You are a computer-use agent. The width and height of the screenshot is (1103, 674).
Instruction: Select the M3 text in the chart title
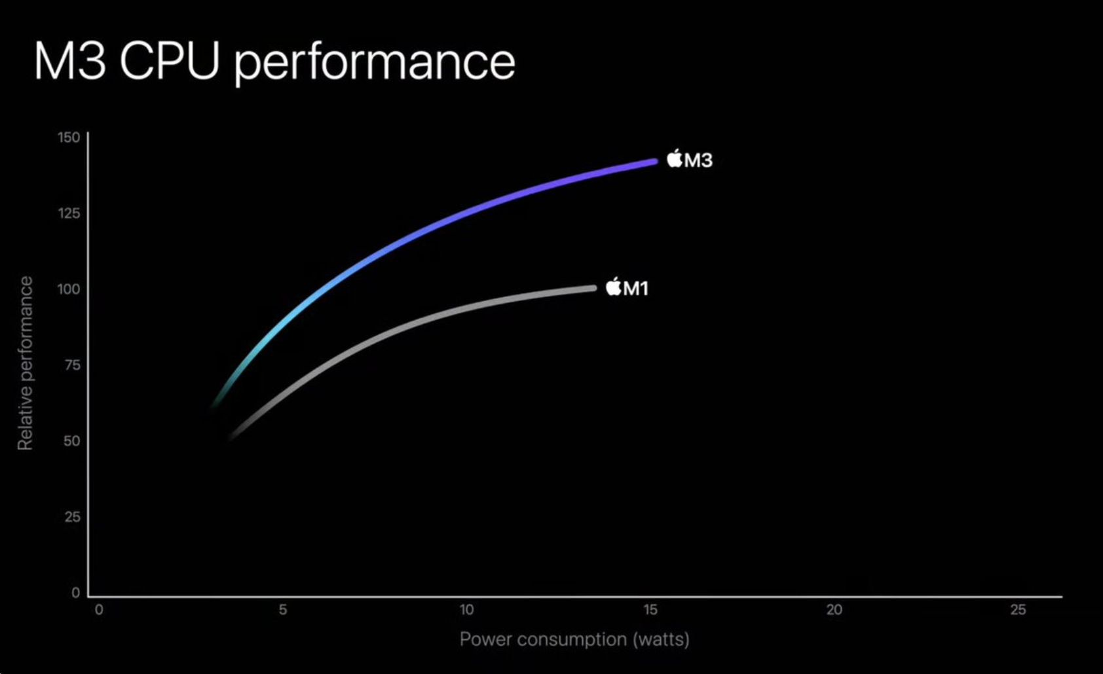pyautogui.click(x=69, y=61)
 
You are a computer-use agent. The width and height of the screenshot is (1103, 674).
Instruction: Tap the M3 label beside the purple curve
pyautogui.click(x=698, y=160)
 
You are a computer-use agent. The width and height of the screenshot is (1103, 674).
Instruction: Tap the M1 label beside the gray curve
pyautogui.click(x=636, y=289)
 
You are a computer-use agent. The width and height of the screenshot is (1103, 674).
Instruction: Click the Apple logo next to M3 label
pyautogui.click(x=675, y=158)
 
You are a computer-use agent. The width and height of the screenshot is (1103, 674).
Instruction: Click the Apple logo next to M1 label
pyautogui.click(x=614, y=287)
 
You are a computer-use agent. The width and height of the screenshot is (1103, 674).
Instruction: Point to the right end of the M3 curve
pyautogui.click(x=655, y=162)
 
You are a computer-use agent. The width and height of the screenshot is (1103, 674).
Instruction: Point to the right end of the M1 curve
pyautogui.click(x=594, y=289)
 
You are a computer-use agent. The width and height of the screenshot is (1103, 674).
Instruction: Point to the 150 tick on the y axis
pyautogui.click(x=69, y=137)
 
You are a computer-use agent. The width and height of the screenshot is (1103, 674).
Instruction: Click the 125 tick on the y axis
pyautogui.click(x=69, y=213)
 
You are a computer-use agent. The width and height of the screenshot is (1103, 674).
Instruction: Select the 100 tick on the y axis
pyautogui.click(x=69, y=289)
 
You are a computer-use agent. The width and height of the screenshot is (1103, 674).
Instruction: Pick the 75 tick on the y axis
pyautogui.click(x=72, y=365)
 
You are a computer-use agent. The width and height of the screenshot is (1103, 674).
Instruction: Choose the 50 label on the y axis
pyautogui.click(x=72, y=441)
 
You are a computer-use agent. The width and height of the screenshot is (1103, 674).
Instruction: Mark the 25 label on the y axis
pyautogui.click(x=72, y=517)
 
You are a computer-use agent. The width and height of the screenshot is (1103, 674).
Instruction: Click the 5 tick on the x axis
pyautogui.click(x=283, y=610)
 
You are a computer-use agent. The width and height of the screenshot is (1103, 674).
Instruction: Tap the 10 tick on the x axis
pyautogui.click(x=466, y=610)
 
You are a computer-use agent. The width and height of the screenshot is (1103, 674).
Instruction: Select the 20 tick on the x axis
pyautogui.click(x=834, y=610)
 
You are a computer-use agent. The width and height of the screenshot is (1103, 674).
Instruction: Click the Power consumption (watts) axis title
pyautogui.click(x=574, y=639)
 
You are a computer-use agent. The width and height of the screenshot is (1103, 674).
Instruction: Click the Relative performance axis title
pyautogui.click(x=25, y=363)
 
